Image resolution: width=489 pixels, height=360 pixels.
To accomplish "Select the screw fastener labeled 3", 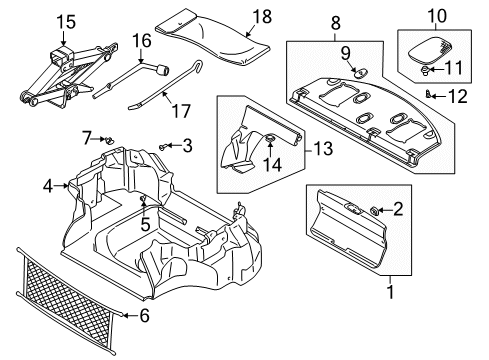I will point(162,146).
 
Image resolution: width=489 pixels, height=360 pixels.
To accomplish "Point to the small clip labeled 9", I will point(361,72).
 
